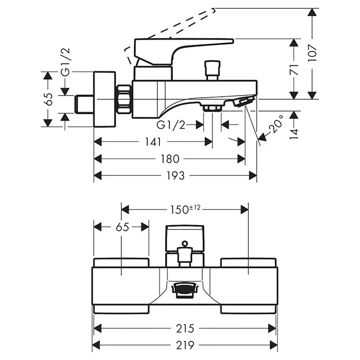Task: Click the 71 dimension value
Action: coord(294,69)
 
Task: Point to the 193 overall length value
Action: coord(175,176)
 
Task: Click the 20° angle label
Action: coord(277,125)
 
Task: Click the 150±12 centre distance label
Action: coord(185,209)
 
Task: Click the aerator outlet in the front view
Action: coord(183,291)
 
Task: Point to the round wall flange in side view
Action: coord(105,99)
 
